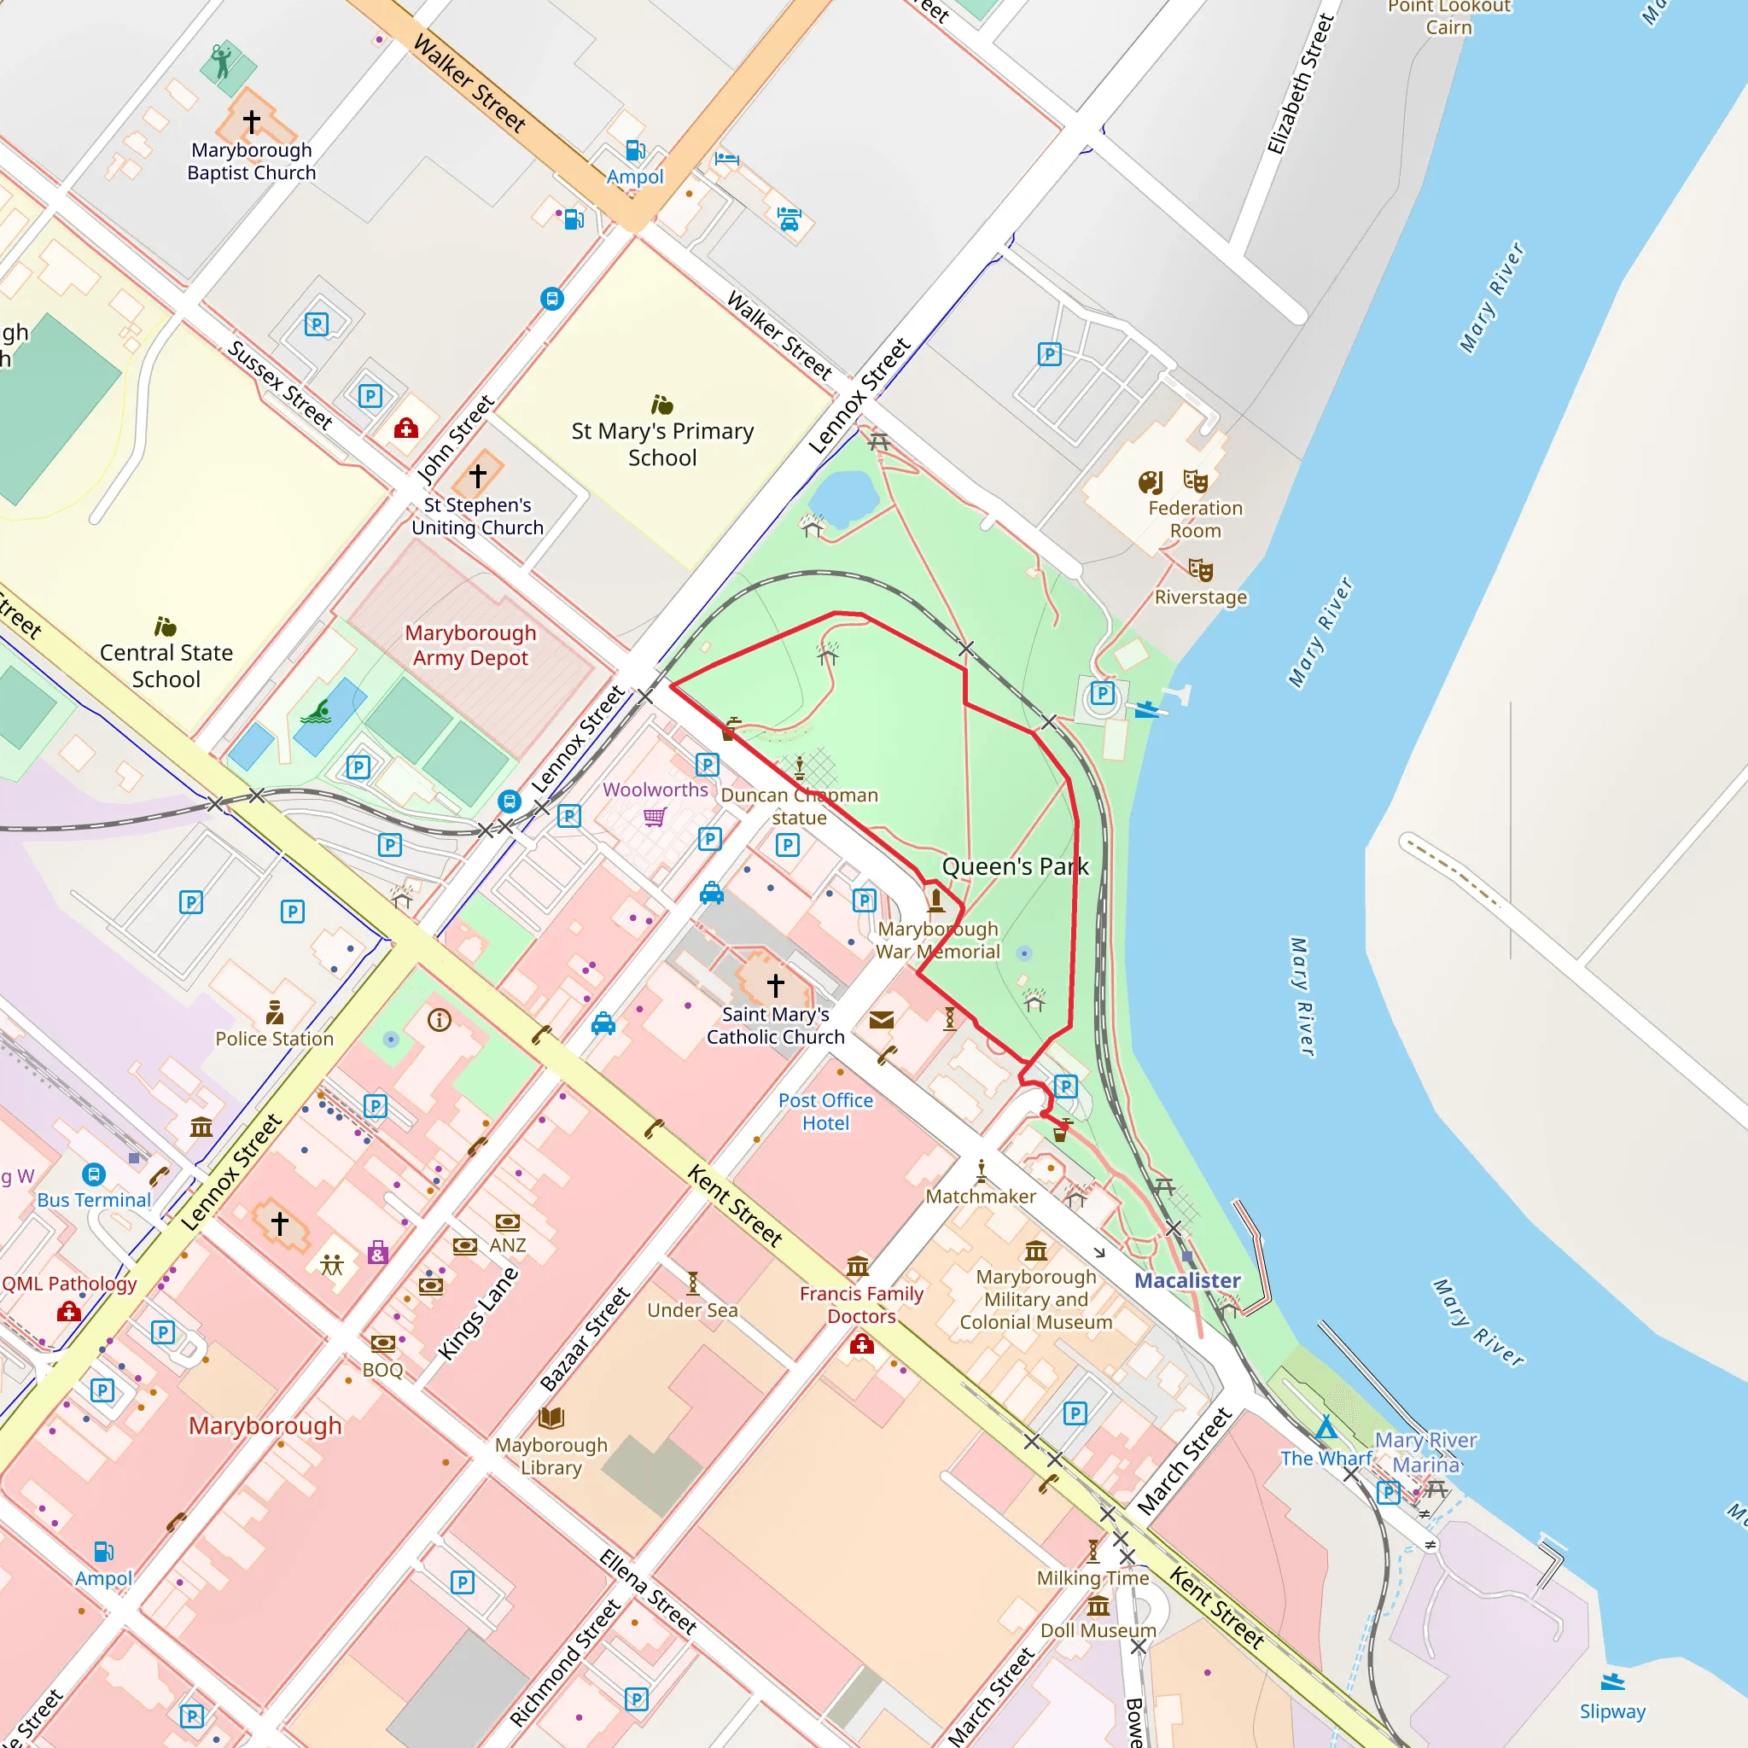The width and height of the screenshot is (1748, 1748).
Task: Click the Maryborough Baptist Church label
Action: pyautogui.click(x=252, y=161)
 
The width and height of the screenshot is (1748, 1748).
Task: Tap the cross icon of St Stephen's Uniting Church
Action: pyautogui.click(x=478, y=475)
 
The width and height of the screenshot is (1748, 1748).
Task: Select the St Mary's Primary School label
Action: pyautogui.click(x=662, y=444)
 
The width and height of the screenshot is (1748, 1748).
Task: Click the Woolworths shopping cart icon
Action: pyautogui.click(x=655, y=817)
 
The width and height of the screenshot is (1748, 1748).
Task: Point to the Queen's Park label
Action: pyautogui.click(x=1015, y=867)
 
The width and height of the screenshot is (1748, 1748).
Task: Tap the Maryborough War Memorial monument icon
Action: pyautogui.click(x=936, y=900)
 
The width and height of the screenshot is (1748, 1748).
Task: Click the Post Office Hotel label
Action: pyautogui.click(x=826, y=1111)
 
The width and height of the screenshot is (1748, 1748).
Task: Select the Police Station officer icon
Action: pyautogui.click(x=275, y=1011)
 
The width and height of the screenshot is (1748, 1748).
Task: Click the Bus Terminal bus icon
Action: pyautogui.click(x=94, y=1174)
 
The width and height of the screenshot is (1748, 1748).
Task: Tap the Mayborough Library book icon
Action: pyautogui.click(x=551, y=1418)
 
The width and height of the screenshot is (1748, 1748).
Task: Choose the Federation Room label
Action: pyautogui.click(x=1195, y=519)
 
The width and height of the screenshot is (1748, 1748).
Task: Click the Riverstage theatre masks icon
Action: pyautogui.click(x=1201, y=570)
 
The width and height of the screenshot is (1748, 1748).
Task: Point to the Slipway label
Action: pyautogui.click(x=1612, y=1711)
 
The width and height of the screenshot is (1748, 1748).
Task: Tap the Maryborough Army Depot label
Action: pyautogui.click(x=470, y=645)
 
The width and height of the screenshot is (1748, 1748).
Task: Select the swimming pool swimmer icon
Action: pyautogui.click(x=316, y=713)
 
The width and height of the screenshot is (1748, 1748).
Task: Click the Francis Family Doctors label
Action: pyautogui.click(x=861, y=1305)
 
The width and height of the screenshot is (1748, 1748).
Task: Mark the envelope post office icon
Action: pyautogui.click(x=881, y=1021)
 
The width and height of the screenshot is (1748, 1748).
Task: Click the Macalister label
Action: pyautogui.click(x=1187, y=1280)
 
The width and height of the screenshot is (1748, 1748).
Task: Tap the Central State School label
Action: pyautogui.click(x=166, y=666)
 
